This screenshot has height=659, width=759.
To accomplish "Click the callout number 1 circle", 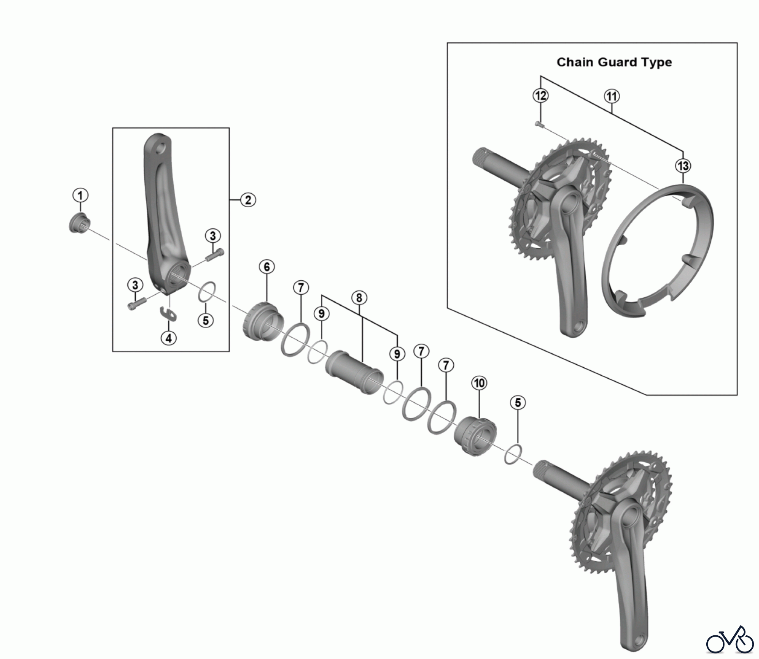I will point(80,195).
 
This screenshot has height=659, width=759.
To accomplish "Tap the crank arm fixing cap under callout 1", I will point(79,223).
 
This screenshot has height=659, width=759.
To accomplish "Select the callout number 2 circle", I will point(248,200).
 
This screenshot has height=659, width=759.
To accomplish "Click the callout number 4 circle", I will point(169,338).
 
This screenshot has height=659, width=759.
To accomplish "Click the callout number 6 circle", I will point(267,267).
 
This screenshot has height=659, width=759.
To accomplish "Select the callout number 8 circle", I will point(359,298).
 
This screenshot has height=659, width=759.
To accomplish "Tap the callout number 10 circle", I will point(479,383).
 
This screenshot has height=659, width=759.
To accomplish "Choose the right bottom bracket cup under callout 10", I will point(474,435).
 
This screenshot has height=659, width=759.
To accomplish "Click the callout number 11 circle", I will point(612,96).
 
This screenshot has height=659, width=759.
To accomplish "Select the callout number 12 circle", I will point(541,96).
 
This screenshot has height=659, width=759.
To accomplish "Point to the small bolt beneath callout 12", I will point(538,124).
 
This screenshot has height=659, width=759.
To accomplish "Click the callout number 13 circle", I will point(683,165).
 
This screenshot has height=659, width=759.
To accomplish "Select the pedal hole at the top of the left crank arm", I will point(160,149).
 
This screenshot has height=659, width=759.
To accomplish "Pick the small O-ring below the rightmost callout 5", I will point(514,454).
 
